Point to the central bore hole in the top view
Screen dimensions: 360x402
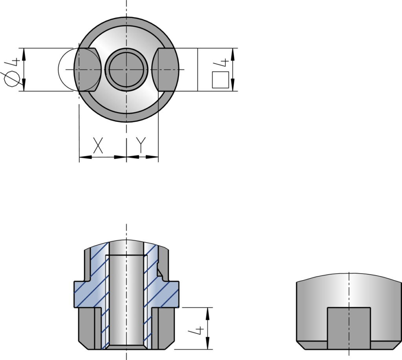[126, 69]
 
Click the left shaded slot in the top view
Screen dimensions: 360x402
[87, 69]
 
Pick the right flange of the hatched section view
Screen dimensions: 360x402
[171, 293]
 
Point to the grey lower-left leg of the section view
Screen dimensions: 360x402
[87, 328]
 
